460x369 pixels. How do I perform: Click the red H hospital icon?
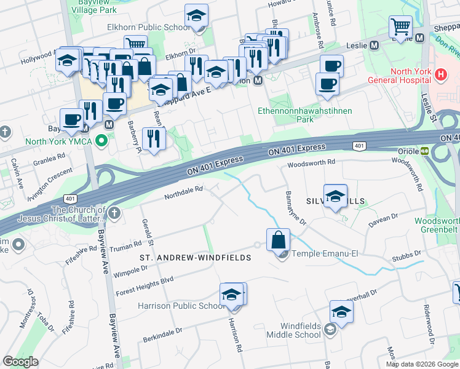[x=440, y=75]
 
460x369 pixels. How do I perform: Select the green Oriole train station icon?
[x=425, y=151]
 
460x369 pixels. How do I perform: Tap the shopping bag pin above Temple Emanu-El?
[x=279, y=239]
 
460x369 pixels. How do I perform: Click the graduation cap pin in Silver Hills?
[x=335, y=196]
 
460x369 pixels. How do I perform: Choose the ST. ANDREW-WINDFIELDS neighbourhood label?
[x=196, y=258]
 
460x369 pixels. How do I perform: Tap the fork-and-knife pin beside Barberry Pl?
[x=153, y=138]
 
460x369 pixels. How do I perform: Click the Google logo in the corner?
[x=20, y=362]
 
